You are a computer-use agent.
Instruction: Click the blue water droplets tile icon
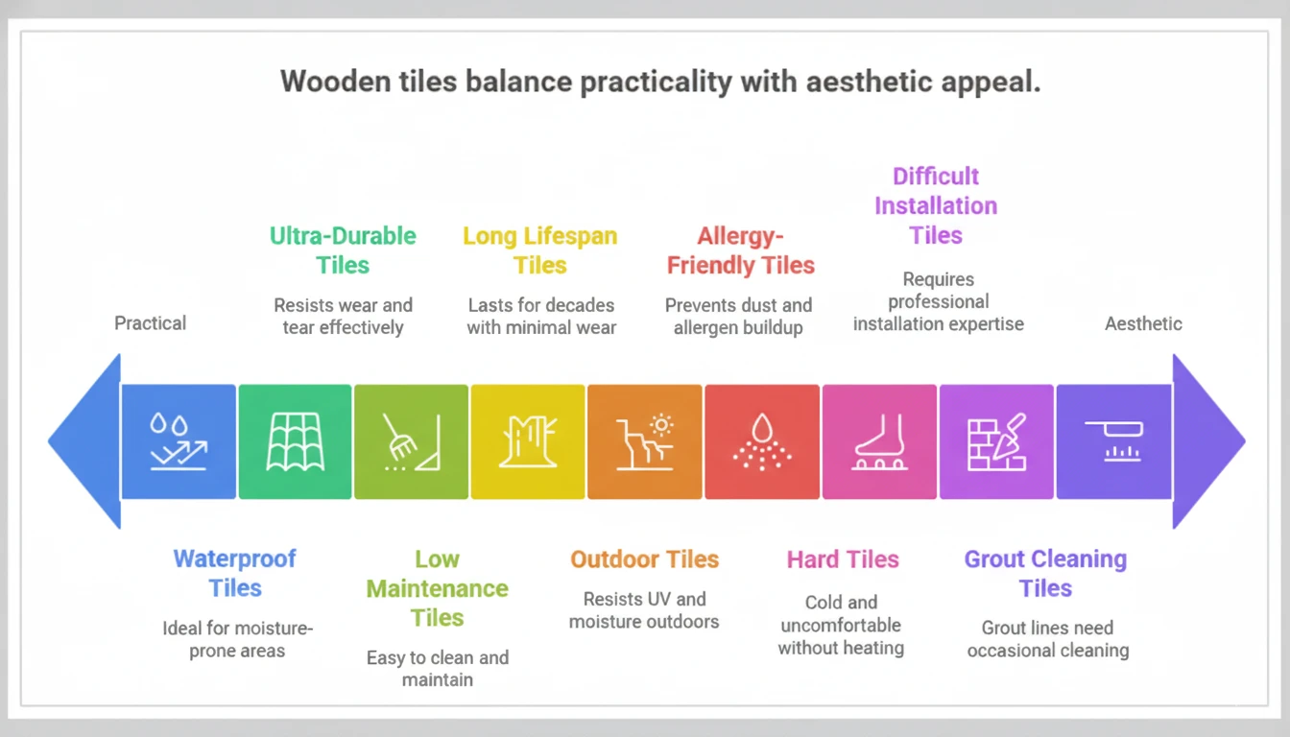coord(179,441)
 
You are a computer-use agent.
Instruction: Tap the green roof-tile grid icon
coord(295,441)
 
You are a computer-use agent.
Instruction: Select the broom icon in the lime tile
coord(411,441)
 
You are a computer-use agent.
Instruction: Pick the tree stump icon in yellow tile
coord(528,441)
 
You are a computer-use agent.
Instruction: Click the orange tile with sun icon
coord(645,441)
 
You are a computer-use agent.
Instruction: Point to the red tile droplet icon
coord(762,441)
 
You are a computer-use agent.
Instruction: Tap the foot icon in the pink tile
coord(879,441)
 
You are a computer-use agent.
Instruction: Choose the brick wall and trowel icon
coord(996,441)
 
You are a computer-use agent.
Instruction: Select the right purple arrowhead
coord(1206,441)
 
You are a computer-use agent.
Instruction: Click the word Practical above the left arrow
coord(151,323)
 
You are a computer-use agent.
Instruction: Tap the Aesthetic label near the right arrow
coord(1143,323)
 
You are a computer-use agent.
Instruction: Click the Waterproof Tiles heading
coord(235,573)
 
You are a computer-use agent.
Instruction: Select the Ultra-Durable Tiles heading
coord(343,250)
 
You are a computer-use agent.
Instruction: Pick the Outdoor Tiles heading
coord(644,559)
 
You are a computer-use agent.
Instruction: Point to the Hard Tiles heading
coord(843,559)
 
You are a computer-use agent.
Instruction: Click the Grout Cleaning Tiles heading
coord(1045,573)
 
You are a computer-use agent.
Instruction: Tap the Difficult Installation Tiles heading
coord(936,205)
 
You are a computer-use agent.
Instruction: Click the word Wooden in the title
coord(333,82)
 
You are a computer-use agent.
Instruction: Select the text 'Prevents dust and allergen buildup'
coord(738,317)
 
